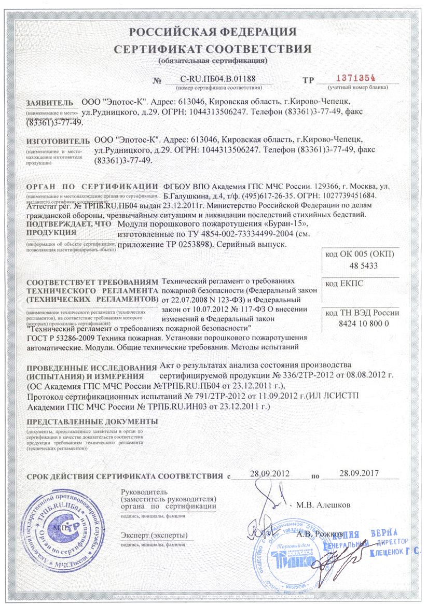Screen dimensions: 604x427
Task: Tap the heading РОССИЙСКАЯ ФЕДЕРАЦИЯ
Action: pyautogui.click(x=213, y=32)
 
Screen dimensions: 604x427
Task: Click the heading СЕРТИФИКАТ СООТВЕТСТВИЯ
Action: pyautogui.click(x=213, y=49)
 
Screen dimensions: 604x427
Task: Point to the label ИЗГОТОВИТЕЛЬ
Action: pyautogui.click(x=55, y=141)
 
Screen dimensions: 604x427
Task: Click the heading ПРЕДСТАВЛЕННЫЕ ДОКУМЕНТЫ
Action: pyautogui.click(x=86, y=421)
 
